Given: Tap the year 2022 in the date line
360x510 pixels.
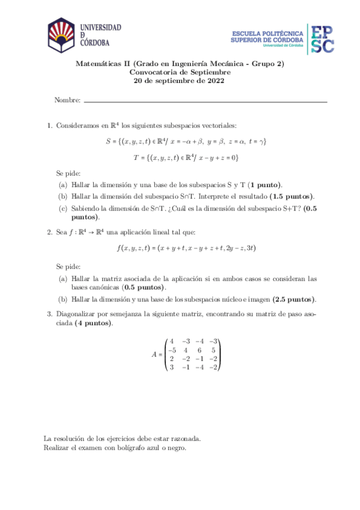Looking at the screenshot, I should point(215,81).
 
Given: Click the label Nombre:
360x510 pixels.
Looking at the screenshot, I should point(67,100).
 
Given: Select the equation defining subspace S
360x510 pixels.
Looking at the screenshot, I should point(185,141).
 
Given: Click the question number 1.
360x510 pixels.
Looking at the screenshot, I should point(49,125).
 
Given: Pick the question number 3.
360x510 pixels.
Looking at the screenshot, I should point(49,314).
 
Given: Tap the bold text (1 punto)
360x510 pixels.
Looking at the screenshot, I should point(266,185).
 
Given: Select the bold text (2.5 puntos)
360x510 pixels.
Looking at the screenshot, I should point(294,299).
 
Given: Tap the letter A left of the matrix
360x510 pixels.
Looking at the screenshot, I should point(155,354).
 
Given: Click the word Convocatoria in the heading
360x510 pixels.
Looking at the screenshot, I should point(155,72).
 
